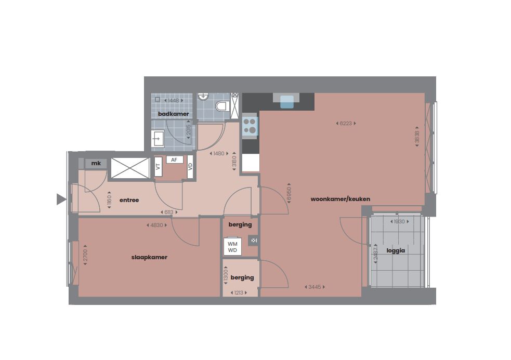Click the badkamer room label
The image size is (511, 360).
[x=174, y=114]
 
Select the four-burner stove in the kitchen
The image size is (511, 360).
[x=250, y=126]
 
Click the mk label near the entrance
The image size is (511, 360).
[x=96, y=164]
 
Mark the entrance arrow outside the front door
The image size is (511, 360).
[x=61, y=199]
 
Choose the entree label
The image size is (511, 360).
[x=129, y=200]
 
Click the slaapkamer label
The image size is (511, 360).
[x=149, y=257]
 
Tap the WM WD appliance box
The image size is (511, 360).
[x=232, y=247]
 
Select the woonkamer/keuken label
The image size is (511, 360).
[x=340, y=199]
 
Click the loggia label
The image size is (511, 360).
[x=396, y=250]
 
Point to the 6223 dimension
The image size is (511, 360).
[x=346, y=123]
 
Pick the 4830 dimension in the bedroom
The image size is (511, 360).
[x=156, y=225]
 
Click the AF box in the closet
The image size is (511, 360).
[x=174, y=160]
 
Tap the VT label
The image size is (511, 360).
[x=158, y=167]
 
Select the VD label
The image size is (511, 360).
[x=190, y=167]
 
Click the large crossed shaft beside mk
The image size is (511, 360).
[x=130, y=168]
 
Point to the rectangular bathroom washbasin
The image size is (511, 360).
[x=158, y=139]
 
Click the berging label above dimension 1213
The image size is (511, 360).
[x=242, y=277]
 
